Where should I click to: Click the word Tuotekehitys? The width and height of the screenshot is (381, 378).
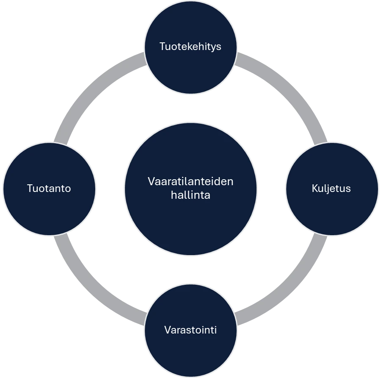point(190,46)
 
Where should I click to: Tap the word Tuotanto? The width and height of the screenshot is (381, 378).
point(49,188)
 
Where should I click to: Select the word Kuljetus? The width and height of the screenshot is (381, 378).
point(331,188)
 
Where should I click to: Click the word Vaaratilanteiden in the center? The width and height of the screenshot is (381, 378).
point(190,181)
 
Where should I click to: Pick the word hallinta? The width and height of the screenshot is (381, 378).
point(190,195)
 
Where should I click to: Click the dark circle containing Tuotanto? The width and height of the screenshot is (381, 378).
point(49,212)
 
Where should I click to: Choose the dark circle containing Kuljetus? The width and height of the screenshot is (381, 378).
point(332,212)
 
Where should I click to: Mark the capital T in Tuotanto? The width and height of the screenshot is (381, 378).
point(30,188)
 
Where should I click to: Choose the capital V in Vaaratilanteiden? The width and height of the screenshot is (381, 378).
point(151,181)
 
